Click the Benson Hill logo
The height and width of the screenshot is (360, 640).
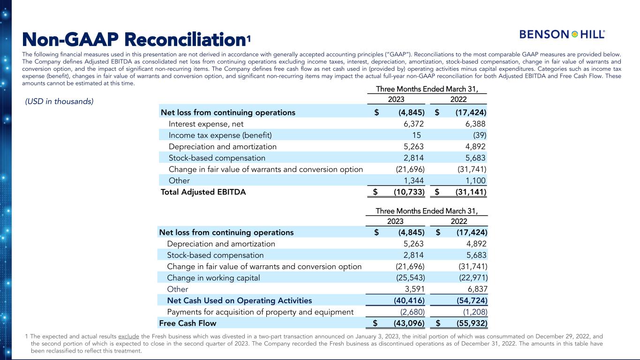(562, 34)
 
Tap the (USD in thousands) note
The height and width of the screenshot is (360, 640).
(59, 101)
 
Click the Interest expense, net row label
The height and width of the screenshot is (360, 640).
(206, 124)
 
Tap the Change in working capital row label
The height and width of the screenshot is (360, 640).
(213, 278)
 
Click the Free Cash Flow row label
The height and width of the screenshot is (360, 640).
(188, 323)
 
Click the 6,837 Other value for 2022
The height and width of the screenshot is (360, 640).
(476, 289)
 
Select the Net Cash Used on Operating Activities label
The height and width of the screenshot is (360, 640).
(239, 300)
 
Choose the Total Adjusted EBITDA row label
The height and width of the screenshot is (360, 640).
(203, 192)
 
